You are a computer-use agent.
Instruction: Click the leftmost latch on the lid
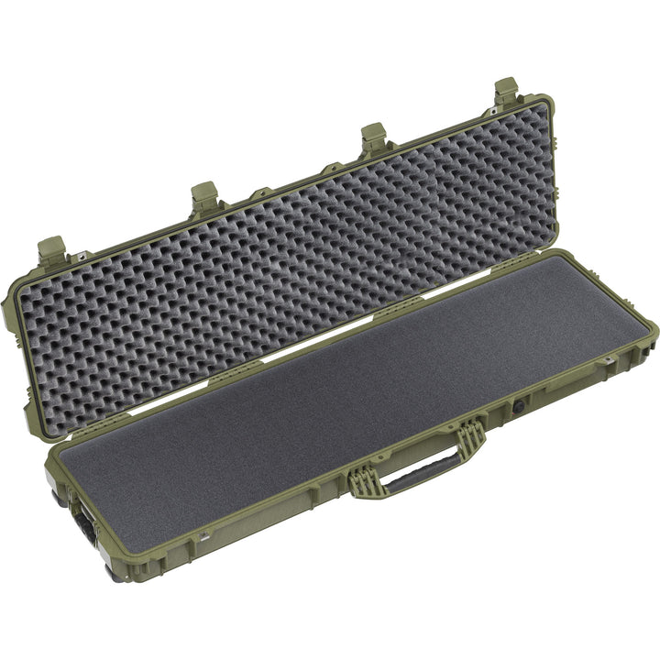[x=52, y=250]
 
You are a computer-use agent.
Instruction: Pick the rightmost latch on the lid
[x=507, y=93]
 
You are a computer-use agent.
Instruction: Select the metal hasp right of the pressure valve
[x=606, y=364]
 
